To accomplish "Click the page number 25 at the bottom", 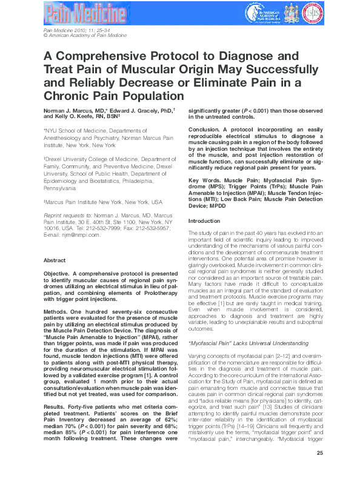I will coord(319,469).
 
